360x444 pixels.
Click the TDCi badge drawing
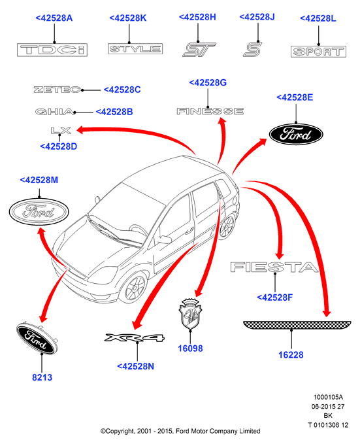[52, 50]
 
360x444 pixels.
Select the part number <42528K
[128, 18]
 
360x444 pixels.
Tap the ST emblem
[199, 50]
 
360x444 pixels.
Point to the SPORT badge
[318, 52]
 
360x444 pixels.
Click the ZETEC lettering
[57, 90]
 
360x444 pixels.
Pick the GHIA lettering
[55, 112]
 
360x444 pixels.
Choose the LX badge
[61, 131]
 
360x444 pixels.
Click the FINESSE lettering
[210, 111]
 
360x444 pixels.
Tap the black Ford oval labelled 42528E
[296, 134]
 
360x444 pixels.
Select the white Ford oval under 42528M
[39, 211]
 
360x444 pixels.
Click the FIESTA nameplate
[274, 267]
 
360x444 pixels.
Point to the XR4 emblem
[134, 337]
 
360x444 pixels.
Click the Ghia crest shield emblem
[190, 314]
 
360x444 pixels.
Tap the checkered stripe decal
[297, 325]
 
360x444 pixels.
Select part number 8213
[42, 377]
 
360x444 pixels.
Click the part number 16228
[291, 355]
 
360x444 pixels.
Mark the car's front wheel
[136, 288]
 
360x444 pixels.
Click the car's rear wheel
[227, 226]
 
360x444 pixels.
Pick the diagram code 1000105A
[328, 398]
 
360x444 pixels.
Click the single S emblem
[252, 49]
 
